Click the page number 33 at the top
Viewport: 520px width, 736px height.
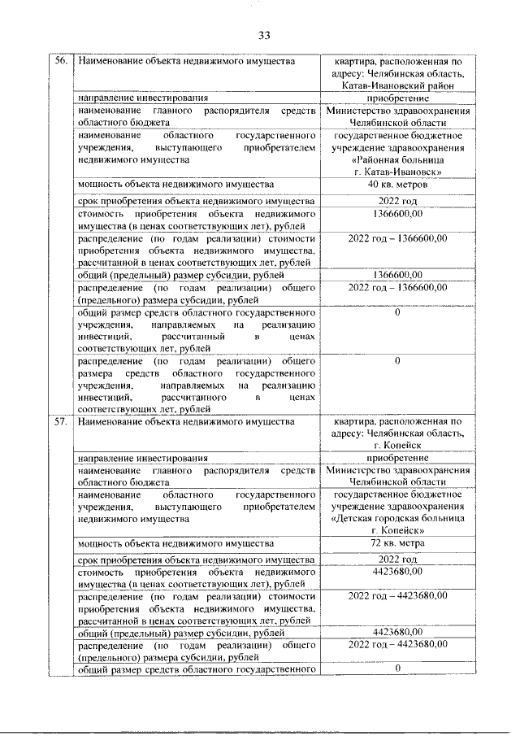tap(263, 34)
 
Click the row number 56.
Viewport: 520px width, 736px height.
tap(61, 61)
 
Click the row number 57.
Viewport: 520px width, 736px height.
tap(61, 421)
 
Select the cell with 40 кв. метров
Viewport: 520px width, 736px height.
tap(397, 185)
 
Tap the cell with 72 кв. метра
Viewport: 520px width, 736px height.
tap(397, 543)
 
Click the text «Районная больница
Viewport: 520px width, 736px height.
tap(397, 161)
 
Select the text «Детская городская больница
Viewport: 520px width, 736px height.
tap(397, 518)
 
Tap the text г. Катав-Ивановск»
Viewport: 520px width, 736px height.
tap(397, 172)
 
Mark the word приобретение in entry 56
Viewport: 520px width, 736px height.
tap(397, 98)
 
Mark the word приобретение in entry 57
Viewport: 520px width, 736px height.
tap(397, 458)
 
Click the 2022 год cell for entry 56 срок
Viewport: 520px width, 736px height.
tap(397, 201)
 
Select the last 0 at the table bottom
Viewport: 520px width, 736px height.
tap(397, 668)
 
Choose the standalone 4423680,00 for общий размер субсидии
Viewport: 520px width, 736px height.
tap(397, 631)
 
